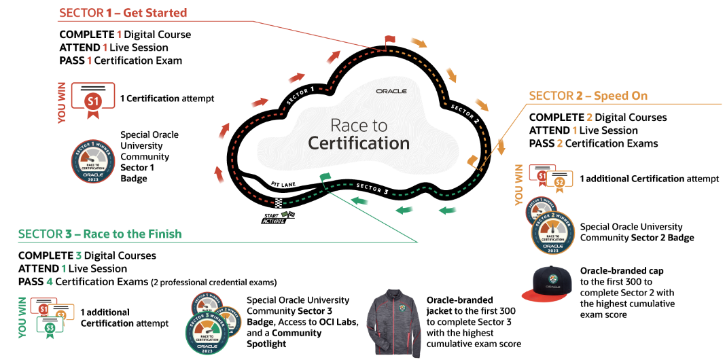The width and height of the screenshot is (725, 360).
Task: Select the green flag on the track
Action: (x=325, y=177)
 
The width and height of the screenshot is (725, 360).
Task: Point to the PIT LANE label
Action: (x=282, y=183)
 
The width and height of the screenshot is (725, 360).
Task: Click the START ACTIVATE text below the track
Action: (x=275, y=218)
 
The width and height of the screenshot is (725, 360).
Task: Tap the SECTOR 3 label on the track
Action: (x=372, y=188)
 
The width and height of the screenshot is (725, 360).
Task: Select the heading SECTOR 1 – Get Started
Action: (x=123, y=13)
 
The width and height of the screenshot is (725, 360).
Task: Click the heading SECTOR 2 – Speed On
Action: (x=588, y=96)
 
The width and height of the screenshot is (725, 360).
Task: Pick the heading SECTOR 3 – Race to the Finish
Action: (x=100, y=234)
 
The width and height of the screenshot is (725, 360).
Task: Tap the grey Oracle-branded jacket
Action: (x=393, y=324)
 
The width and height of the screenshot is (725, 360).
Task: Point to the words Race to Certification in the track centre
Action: (x=359, y=134)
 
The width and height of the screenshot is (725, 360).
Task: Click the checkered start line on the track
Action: (x=279, y=202)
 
